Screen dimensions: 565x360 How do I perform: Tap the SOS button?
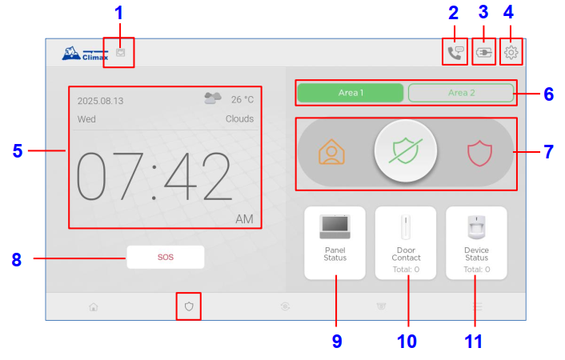[166, 257]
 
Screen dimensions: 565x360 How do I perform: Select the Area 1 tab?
[351, 93]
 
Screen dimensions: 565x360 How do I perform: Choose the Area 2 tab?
[461, 93]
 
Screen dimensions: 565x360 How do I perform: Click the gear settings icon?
[511, 53]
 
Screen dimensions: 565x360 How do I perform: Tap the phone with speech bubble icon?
[455, 53]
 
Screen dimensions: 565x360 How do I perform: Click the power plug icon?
[483, 53]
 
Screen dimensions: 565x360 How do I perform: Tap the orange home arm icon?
[331, 152]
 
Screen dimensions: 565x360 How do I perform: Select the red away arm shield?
[479, 153]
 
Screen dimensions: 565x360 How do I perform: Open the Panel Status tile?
[335, 243]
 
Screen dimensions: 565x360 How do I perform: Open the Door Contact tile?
[406, 243]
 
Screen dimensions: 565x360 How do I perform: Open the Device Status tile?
[476, 243]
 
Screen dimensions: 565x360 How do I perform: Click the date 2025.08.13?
[100, 101]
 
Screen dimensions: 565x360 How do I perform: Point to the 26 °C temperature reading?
[242, 99]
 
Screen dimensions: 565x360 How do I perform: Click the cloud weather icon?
[213, 98]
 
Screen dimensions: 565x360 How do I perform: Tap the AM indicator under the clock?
[244, 219]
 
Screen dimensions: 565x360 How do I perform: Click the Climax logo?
[85, 54]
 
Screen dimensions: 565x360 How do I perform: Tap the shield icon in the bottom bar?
[189, 306]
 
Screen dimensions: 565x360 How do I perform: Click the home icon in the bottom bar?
[94, 307]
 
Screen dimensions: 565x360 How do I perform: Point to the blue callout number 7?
[548, 152]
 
